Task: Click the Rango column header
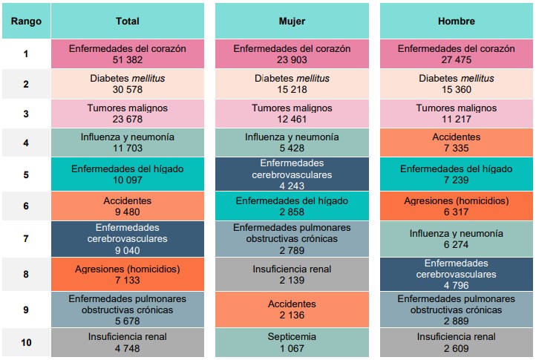click(26, 22)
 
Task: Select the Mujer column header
click(292, 22)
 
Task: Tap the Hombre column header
click(457, 22)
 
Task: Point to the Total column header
click(128, 22)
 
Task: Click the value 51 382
click(128, 59)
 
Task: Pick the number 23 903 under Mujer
click(292, 59)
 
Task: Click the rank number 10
click(26, 342)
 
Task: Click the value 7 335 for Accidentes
click(457, 148)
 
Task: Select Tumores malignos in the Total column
click(128, 108)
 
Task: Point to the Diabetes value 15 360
click(457, 89)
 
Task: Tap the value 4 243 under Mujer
click(292, 186)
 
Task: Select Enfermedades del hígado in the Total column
click(128, 168)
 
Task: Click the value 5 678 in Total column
click(128, 320)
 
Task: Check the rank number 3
click(26, 114)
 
